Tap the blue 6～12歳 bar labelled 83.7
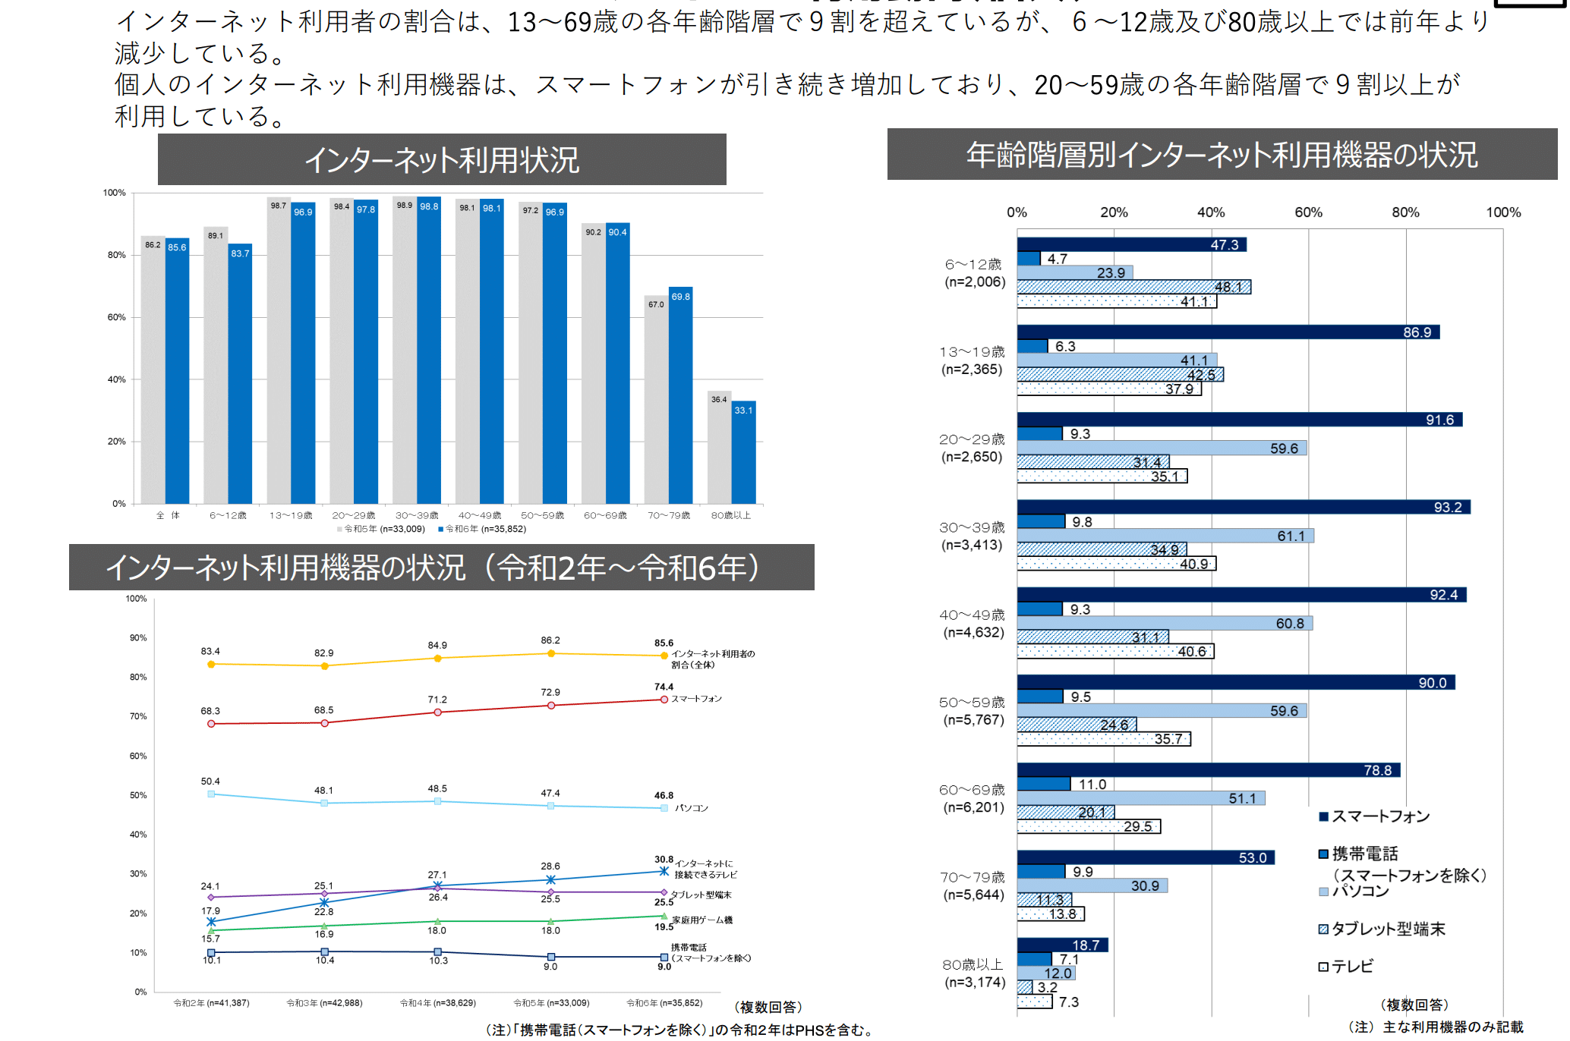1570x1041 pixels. pos(240,376)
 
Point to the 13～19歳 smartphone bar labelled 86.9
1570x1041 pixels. pos(1228,332)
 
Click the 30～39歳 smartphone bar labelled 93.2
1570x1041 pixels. pos(1243,507)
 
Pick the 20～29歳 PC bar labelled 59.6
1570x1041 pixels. pos(1162,448)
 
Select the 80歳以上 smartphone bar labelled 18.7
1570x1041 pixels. pos(1062,945)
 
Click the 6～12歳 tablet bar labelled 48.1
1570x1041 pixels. pos(1133,287)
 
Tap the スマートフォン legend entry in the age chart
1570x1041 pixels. pos(1374,816)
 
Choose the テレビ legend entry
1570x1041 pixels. pos(1345,967)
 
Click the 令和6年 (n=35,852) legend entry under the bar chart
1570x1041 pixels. pos(482,529)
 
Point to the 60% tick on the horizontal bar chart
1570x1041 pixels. pos(1308,212)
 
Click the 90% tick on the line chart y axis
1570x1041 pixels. pos(138,638)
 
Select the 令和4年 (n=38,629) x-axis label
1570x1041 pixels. pos(438,1003)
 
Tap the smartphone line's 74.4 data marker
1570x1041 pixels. pos(664,700)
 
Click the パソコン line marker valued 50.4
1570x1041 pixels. pos(211,794)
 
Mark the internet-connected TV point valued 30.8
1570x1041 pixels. pos(664,871)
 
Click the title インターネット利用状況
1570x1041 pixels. pos(442,160)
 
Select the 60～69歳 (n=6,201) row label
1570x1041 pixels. pos(973,798)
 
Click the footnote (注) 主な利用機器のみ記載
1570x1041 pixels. pos(1436,1027)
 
